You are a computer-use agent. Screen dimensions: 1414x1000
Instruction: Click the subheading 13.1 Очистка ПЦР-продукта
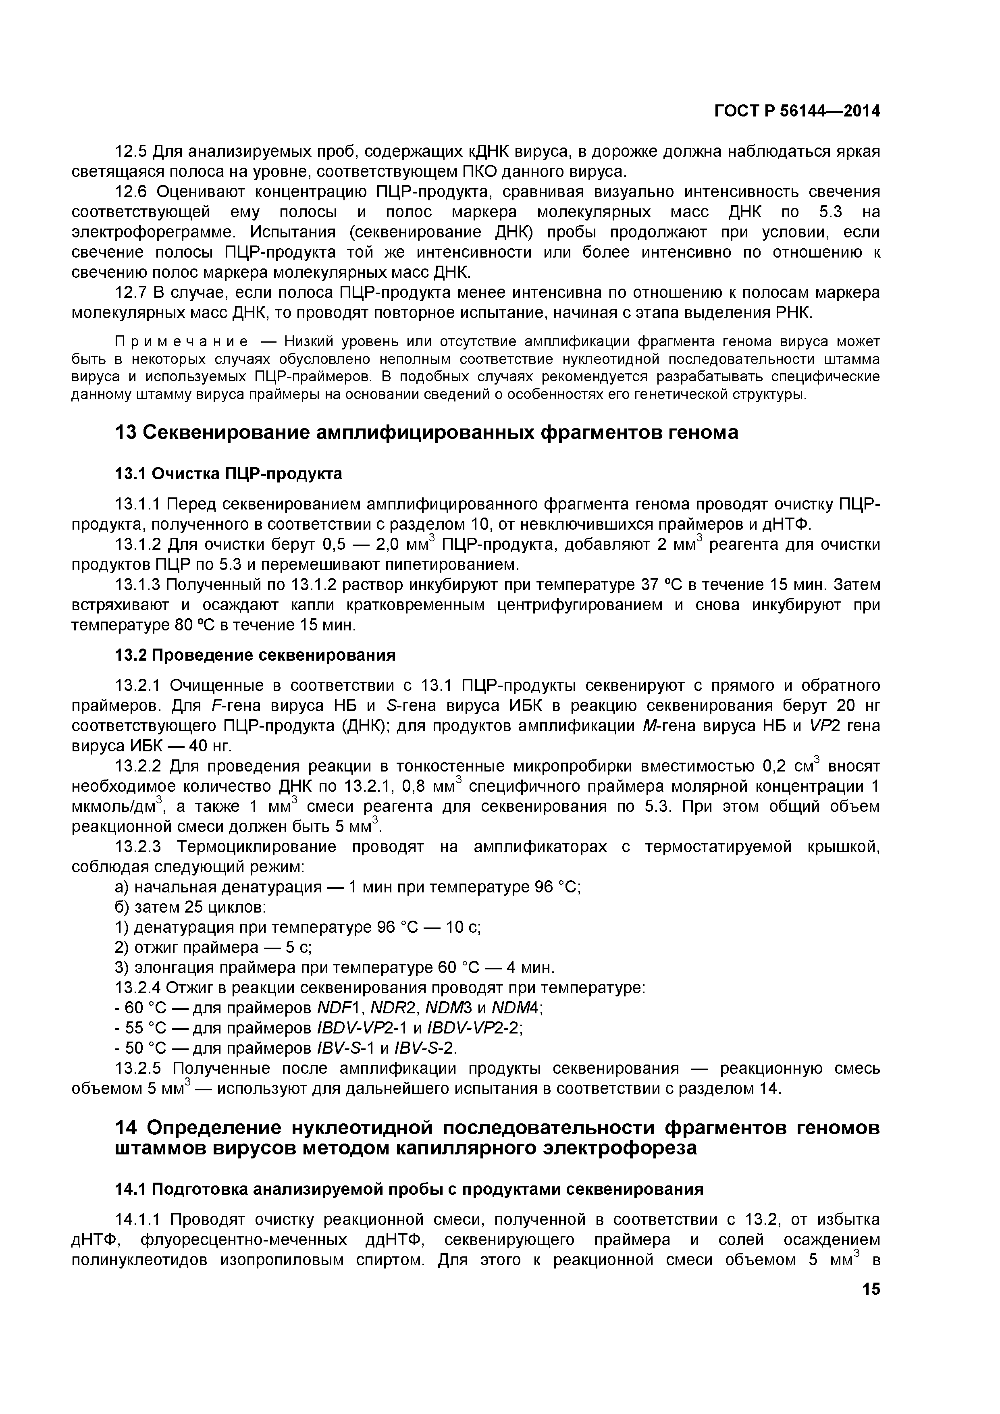click(229, 474)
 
